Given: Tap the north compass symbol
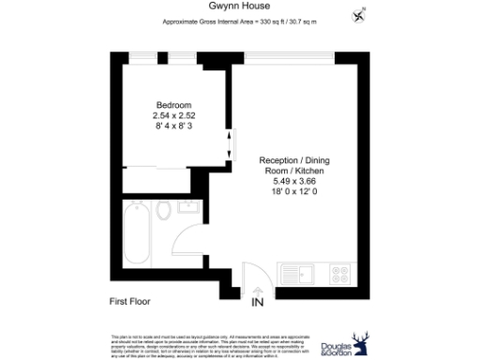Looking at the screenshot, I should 359,16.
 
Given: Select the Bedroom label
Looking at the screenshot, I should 173,104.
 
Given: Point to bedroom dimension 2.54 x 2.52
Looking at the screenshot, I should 173,114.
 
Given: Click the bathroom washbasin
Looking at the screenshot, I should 186,207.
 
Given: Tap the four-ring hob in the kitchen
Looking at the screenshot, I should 338,275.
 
